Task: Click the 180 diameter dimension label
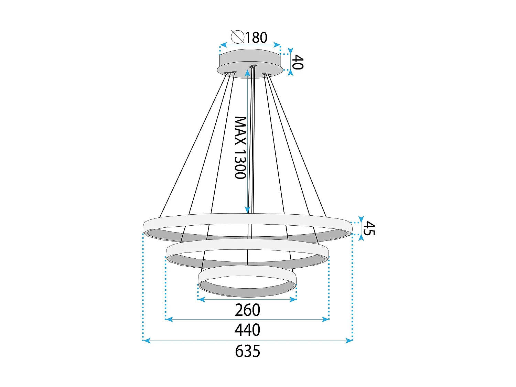point(256,37)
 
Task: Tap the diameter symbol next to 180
point(237,37)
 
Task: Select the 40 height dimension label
point(298,62)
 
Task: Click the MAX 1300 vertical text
point(240,148)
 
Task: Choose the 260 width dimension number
point(247,310)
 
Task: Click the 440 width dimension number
point(247,330)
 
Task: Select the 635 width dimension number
point(247,351)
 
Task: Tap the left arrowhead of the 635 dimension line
point(147,341)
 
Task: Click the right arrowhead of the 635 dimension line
point(349,341)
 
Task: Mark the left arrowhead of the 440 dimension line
point(169,320)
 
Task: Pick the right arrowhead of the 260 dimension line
point(293,300)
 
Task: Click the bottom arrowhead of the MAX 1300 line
point(247,209)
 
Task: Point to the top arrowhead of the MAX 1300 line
point(247,72)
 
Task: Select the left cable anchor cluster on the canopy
point(230,73)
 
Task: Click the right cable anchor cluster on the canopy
point(267,74)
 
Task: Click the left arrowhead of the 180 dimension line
point(223,45)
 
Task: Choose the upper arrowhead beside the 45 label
point(361,219)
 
